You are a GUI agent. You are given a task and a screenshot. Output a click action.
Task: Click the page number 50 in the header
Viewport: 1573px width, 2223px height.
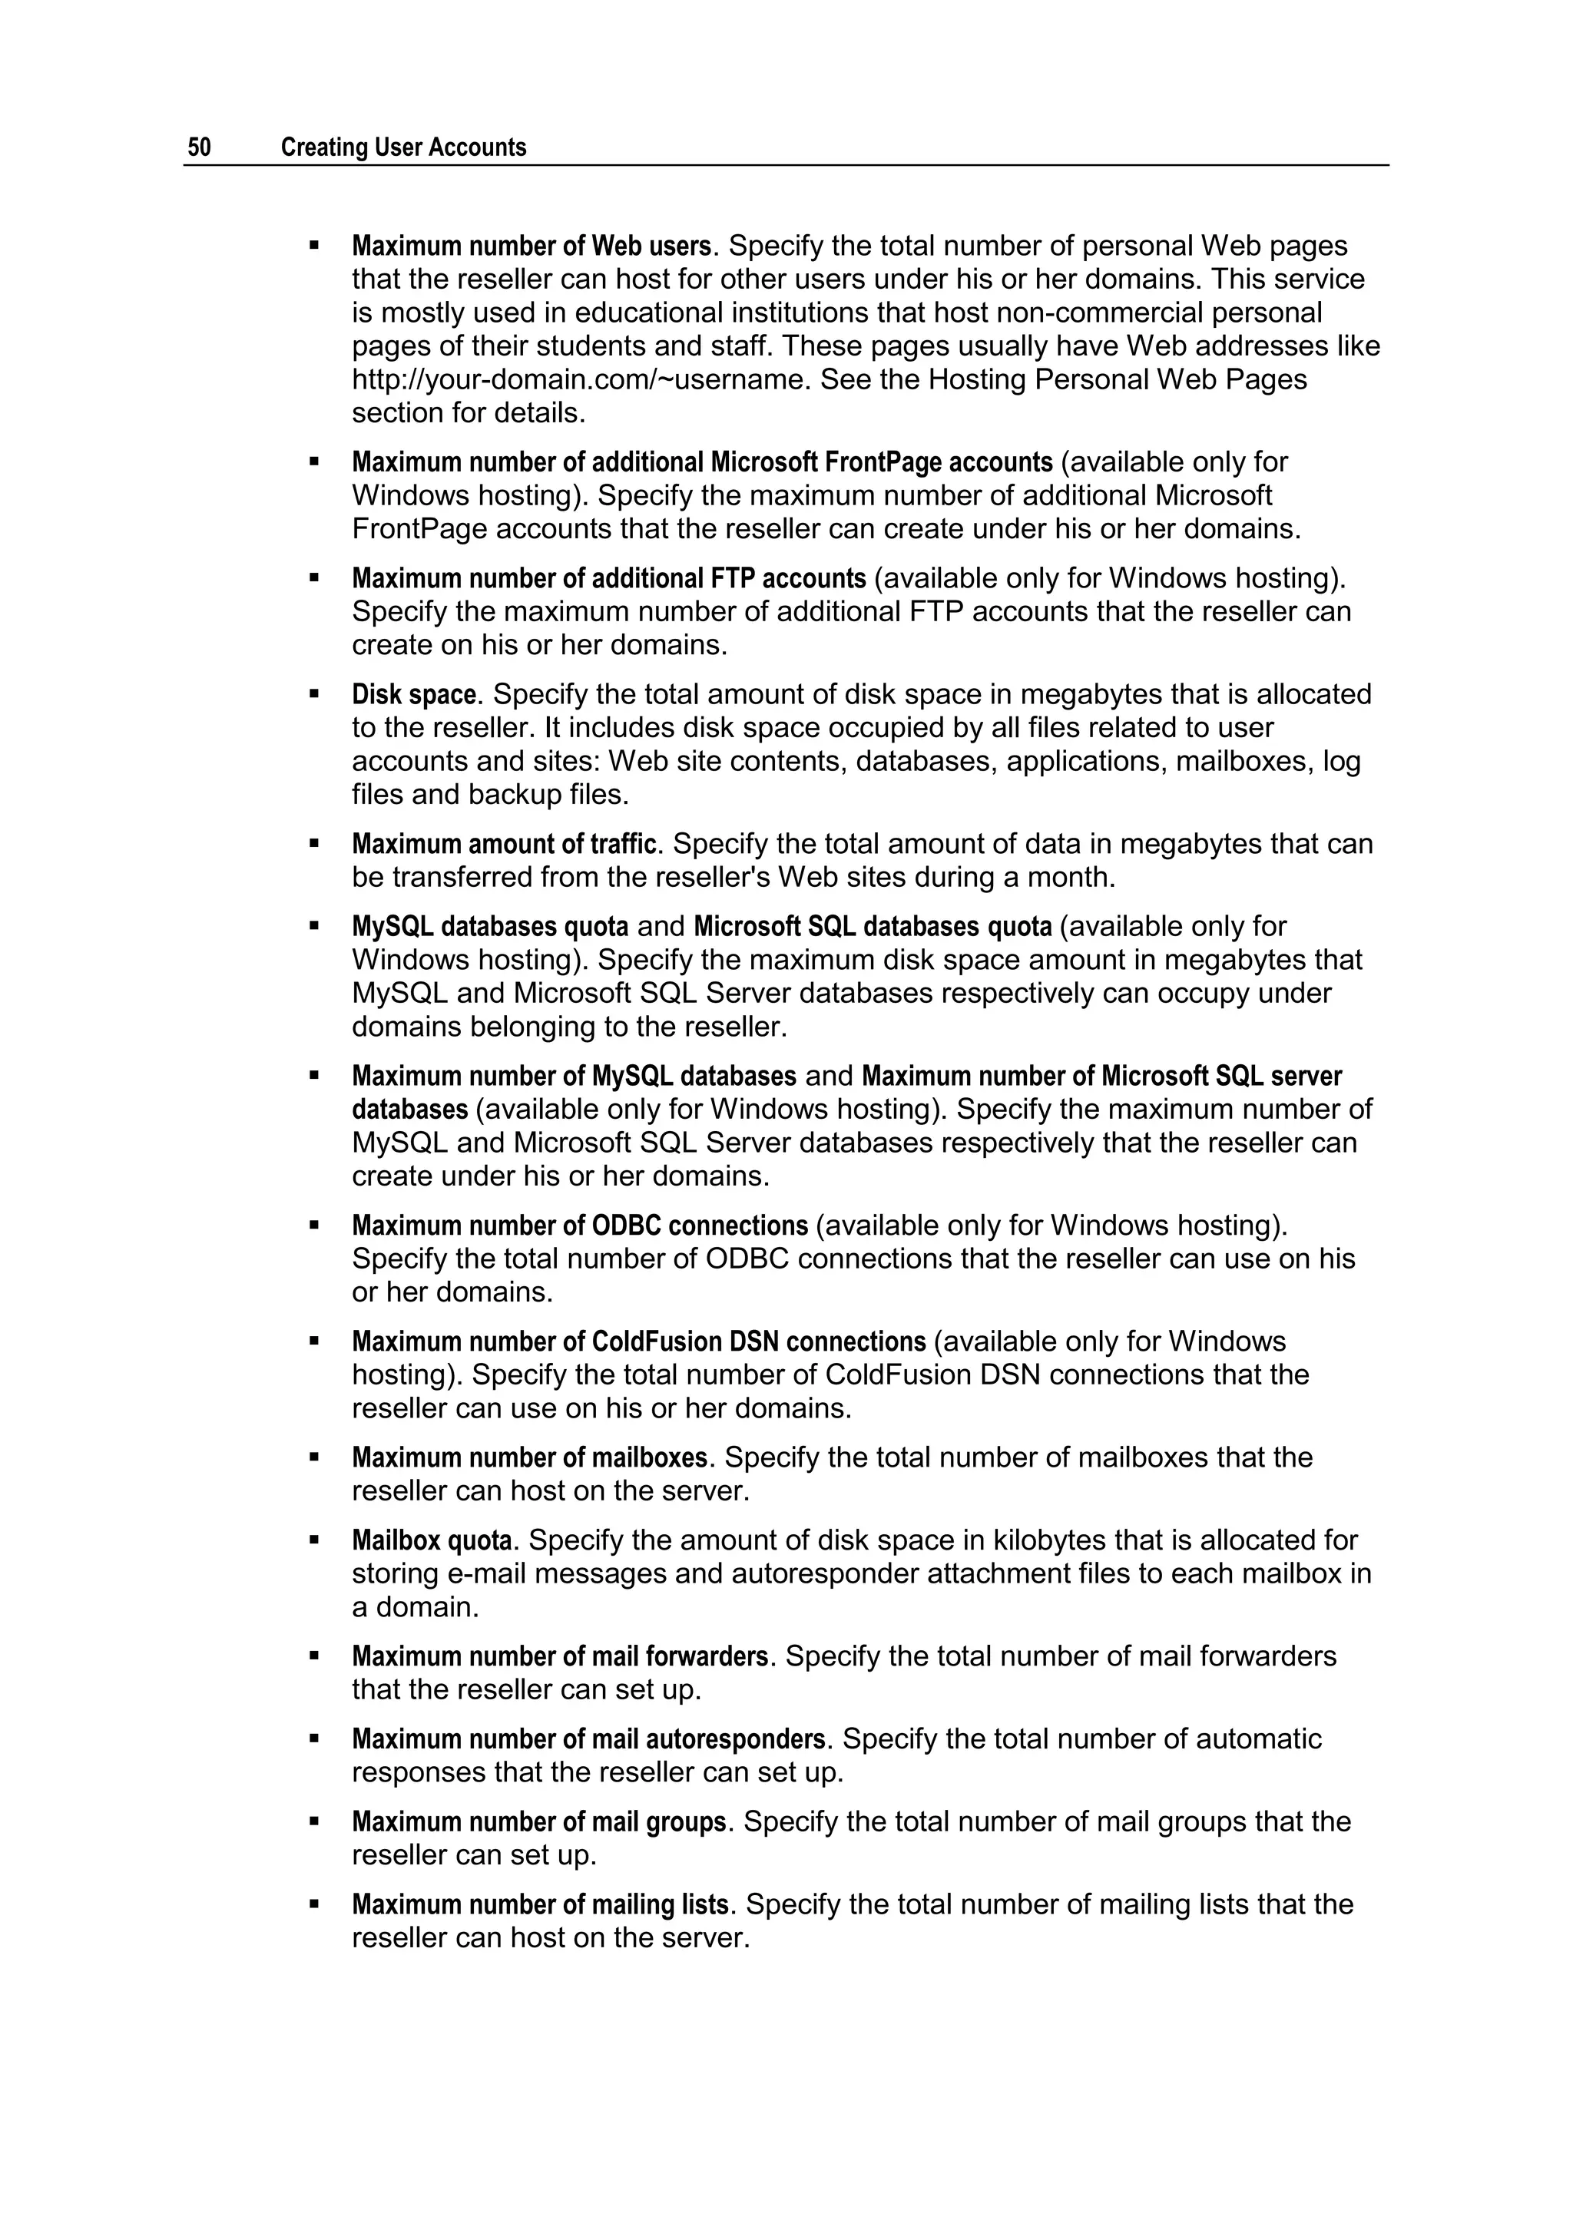(x=200, y=147)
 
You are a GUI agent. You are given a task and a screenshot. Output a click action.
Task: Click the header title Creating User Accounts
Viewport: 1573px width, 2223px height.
(x=403, y=147)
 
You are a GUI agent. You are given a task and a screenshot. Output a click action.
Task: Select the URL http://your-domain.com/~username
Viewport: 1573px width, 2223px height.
(x=578, y=379)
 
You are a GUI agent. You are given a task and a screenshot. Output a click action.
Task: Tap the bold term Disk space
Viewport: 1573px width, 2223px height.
(x=413, y=694)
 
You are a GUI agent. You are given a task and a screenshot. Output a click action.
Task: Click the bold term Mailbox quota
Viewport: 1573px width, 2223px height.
(x=431, y=1540)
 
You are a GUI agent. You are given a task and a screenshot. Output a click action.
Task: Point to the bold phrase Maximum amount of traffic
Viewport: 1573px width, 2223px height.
(x=504, y=844)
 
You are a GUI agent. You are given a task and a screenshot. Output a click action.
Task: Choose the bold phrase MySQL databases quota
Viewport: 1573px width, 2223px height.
(x=490, y=927)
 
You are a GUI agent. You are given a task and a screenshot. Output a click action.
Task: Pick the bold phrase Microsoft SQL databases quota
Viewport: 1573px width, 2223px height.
(x=872, y=927)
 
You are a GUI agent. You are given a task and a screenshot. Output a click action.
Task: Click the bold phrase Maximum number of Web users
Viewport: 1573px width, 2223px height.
(x=531, y=246)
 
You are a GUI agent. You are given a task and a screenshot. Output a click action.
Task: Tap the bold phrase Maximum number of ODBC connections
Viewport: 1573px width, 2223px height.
(x=579, y=1226)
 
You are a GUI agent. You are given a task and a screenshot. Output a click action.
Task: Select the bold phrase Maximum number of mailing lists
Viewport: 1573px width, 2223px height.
(x=539, y=1904)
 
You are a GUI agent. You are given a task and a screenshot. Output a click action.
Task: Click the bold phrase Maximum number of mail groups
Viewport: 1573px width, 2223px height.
(x=538, y=1822)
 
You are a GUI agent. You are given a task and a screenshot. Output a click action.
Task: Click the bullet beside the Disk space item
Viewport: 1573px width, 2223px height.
(x=314, y=694)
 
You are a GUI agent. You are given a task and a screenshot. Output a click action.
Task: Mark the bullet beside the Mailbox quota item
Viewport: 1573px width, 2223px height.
(x=314, y=1540)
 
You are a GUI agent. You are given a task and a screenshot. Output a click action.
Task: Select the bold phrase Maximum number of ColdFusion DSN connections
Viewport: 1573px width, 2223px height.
(x=638, y=1342)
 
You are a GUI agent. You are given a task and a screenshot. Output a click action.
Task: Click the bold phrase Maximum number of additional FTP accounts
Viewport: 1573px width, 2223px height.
(x=608, y=579)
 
